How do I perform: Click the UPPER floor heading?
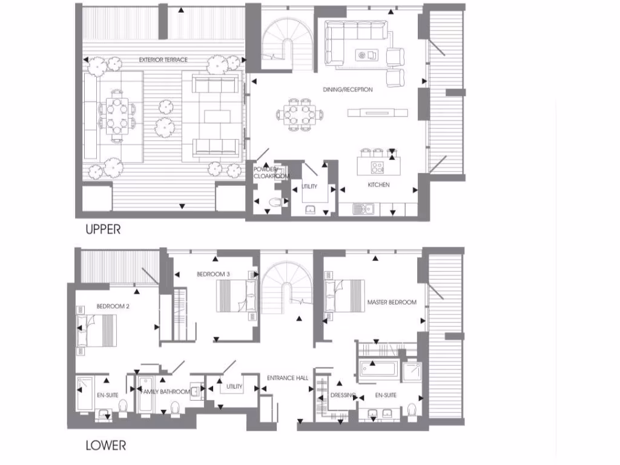pyautogui.click(x=102, y=229)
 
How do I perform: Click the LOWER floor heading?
pyautogui.click(x=105, y=446)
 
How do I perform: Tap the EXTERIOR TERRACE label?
pyautogui.click(x=163, y=60)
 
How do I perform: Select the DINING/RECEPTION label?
pyautogui.click(x=348, y=90)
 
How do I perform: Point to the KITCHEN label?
pyautogui.click(x=379, y=185)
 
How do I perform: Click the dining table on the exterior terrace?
pyautogui.click(x=116, y=116)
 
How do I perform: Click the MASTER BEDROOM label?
pyautogui.click(x=392, y=302)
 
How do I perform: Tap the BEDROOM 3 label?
pyautogui.click(x=213, y=274)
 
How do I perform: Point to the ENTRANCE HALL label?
pyautogui.click(x=288, y=378)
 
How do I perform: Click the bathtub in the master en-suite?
pyautogui.click(x=378, y=369)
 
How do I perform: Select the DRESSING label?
pyautogui.click(x=343, y=396)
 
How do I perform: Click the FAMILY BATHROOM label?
pyautogui.click(x=165, y=392)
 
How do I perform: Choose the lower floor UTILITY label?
pyautogui.click(x=234, y=387)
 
